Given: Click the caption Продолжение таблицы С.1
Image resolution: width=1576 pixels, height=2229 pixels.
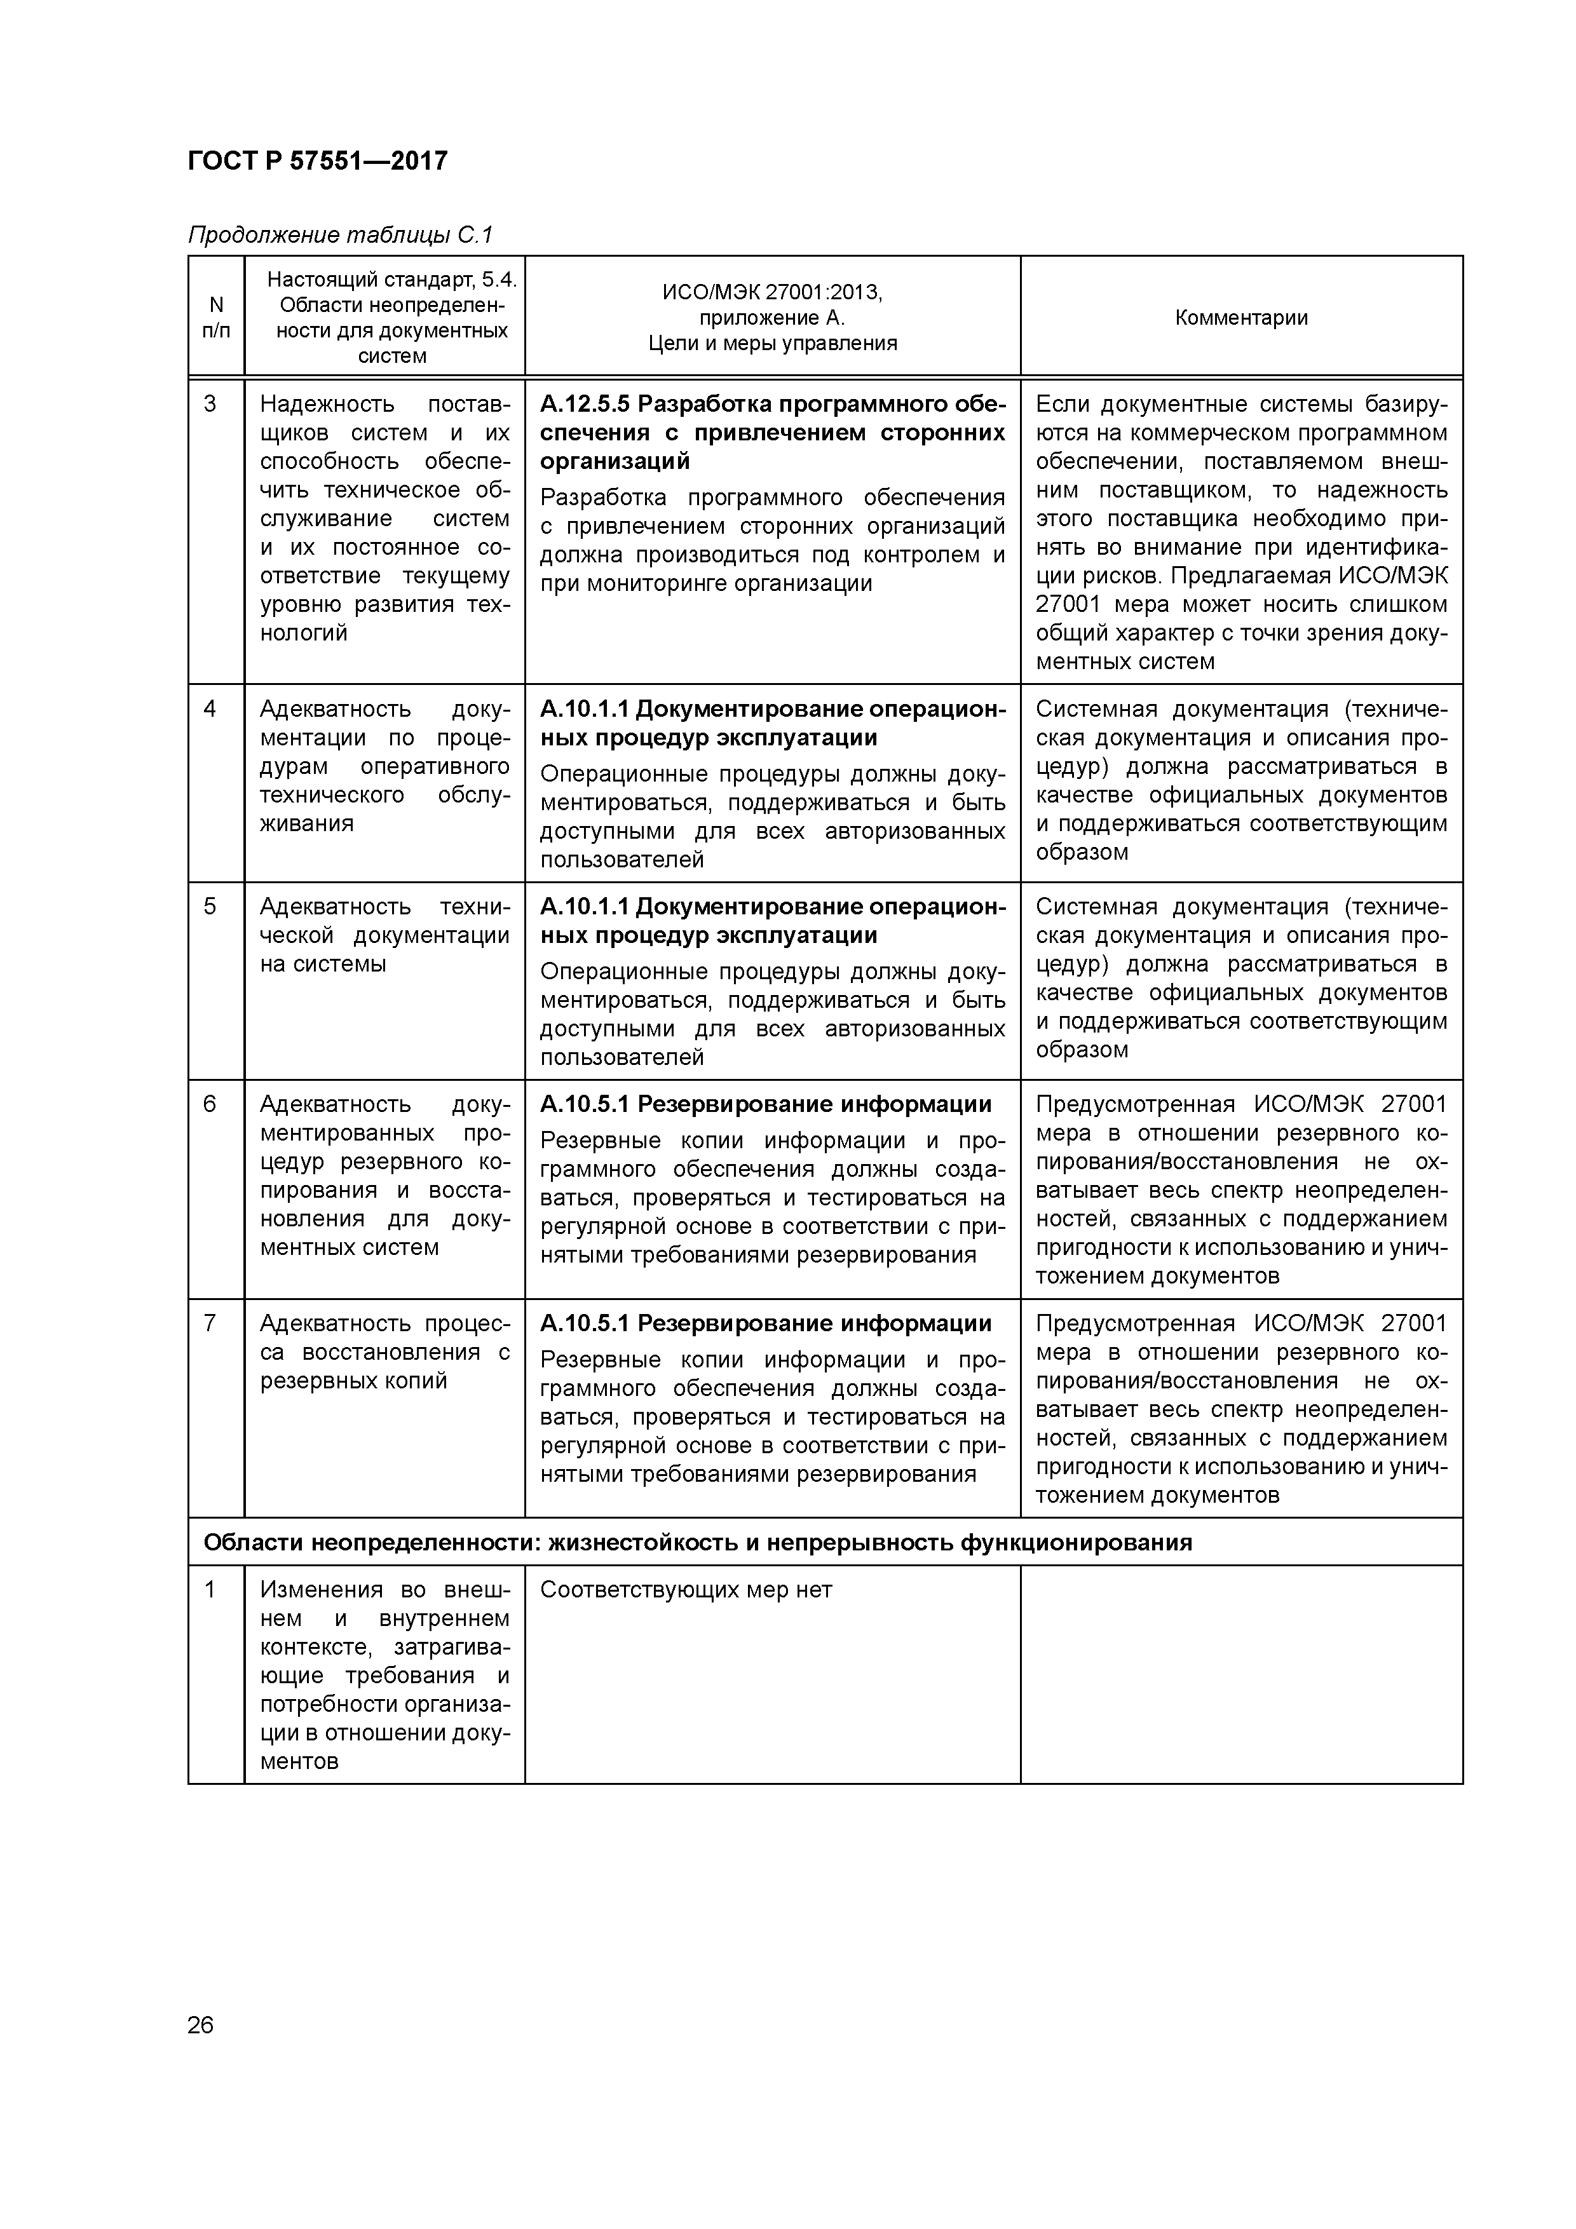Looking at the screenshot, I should point(340,235).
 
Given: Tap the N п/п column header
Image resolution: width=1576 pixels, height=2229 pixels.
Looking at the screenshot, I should point(215,318).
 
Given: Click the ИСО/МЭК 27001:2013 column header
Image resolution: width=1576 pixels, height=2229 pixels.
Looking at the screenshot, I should point(772,318).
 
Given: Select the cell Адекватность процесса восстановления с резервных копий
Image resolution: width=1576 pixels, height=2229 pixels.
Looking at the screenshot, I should point(384,1352).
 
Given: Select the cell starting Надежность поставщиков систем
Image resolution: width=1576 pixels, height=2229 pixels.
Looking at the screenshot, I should point(384,517).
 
